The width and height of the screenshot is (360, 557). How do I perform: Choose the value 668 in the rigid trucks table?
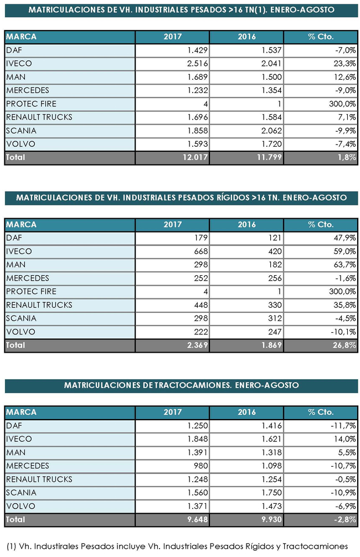199,251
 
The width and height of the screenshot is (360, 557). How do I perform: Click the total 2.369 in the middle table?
194,345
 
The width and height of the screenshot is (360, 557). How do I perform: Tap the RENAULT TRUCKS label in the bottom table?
39,479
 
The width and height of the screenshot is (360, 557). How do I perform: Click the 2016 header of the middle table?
246,225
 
